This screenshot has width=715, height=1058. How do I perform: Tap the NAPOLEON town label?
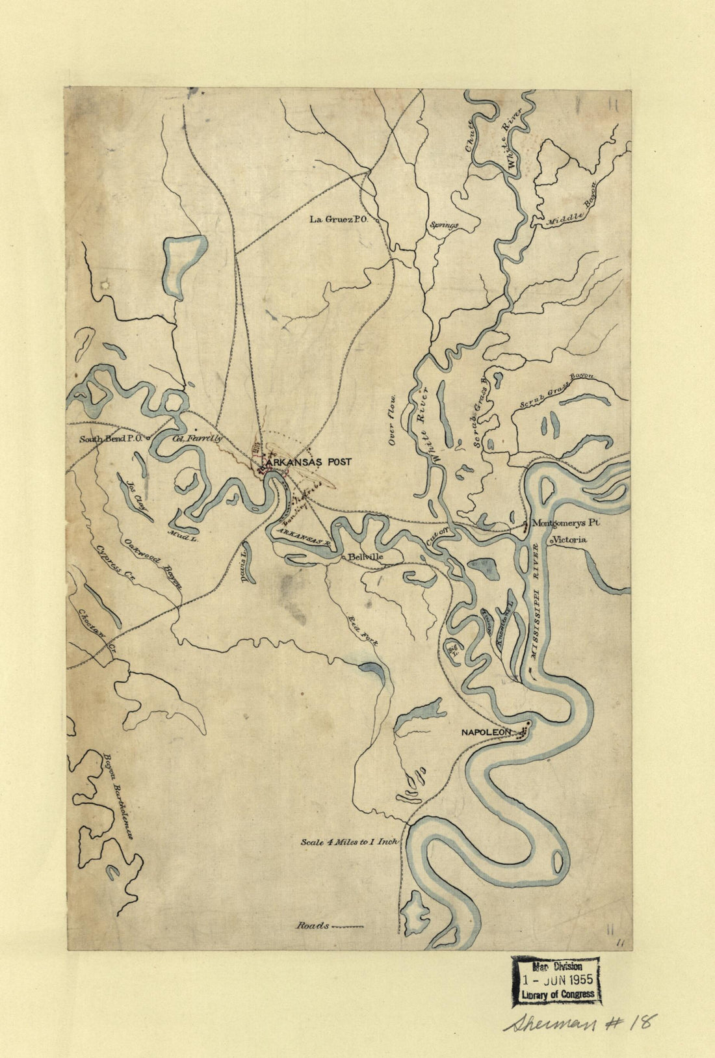pyautogui.click(x=486, y=732)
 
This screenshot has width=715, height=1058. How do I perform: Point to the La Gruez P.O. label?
pyautogui.click(x=339, y=220)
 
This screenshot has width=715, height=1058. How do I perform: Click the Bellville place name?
pyautogui.click(x=365, y=557)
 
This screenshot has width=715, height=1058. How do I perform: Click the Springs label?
pyautogui.click(x=443, y=226)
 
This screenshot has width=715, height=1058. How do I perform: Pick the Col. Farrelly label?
pyautogui.click(x=198, y=439)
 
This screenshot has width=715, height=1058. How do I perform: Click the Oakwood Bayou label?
pyautogui.click(x=153, y=564)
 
